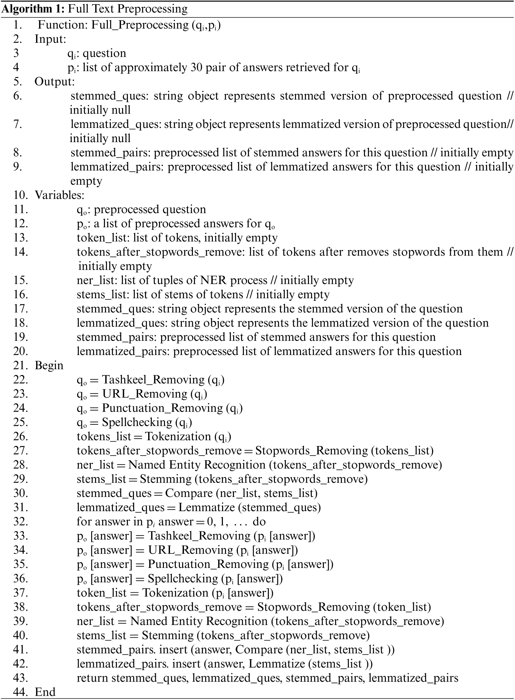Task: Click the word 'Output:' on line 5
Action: pos(54,82)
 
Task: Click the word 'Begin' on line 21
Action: pos(49,366)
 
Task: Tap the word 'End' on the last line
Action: pos(45,692)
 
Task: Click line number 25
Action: pos(21,422)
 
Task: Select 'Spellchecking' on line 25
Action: pos(137,422)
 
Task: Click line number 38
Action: pos(21,607)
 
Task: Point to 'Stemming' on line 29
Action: pos(166,479)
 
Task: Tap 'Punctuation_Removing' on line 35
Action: pos(208,564)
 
